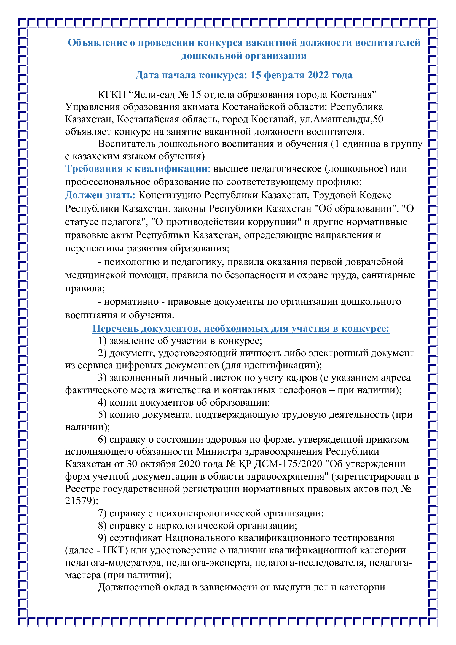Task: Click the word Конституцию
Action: coord(170,195)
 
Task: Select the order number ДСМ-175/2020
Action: coord(288,464)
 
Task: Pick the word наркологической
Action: coord(195,526)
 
